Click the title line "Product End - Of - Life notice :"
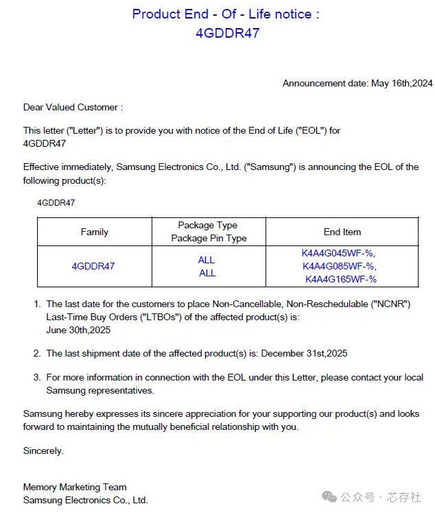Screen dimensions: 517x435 coord(226,14)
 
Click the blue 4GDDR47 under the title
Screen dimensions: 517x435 coord(227,33)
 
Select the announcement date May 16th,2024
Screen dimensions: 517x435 coord(401,84)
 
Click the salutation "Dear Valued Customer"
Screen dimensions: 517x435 coord(73,108)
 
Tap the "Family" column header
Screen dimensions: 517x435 coord(95,232)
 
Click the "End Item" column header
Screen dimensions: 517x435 coord(342,232)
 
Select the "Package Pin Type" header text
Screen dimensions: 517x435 coord(208,239)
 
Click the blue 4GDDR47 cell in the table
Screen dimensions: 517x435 coord(93,266)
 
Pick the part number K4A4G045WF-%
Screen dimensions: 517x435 coord(339,253)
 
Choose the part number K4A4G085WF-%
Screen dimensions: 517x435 coord(339,266)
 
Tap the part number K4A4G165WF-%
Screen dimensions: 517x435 coord(341,279)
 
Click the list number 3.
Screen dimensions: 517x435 coord(36,378)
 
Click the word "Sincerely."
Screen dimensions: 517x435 coord(43,450)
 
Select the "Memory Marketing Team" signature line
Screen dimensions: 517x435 coord(75,488)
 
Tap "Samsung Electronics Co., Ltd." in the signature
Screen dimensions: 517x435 coord(85,501)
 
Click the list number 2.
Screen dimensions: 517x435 coord(36,354)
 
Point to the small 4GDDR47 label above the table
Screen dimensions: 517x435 coord(56,203)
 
